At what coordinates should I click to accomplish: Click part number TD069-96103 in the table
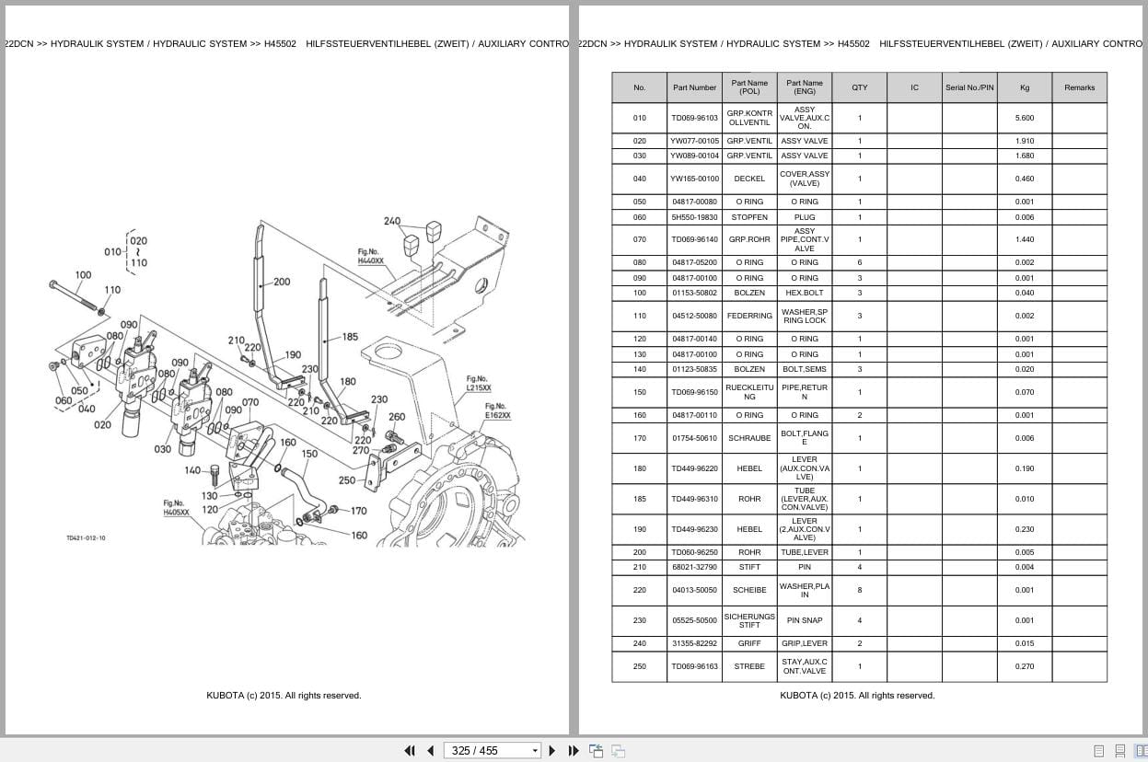point(694,118)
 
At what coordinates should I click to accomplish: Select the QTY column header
point(860,87)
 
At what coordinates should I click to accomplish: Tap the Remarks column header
point(1079,87)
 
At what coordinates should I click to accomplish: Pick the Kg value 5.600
point(1025,118)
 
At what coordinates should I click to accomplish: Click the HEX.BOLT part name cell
point(805,293)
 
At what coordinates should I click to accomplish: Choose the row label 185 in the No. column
point(640,499)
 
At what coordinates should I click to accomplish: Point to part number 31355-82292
point(694,643)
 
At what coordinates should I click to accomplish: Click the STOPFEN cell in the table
point(749,217)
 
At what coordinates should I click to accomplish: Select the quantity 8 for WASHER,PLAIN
point(860,590)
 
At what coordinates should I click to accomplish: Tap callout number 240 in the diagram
point(392,221)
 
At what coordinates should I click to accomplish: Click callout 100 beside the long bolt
point(83,275)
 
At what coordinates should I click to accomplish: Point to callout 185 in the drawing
point(350,337)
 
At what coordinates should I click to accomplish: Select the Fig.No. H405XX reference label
point(176,508)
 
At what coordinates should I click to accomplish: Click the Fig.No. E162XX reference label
point(497,410)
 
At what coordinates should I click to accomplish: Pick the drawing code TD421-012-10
point(86,538)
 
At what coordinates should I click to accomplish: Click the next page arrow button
point(552,751)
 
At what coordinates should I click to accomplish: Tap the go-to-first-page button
point(410,751)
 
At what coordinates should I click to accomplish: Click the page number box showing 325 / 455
point(492,751)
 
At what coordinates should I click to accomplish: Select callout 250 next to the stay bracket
point(347,480)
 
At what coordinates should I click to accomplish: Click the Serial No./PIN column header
point(969,87)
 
